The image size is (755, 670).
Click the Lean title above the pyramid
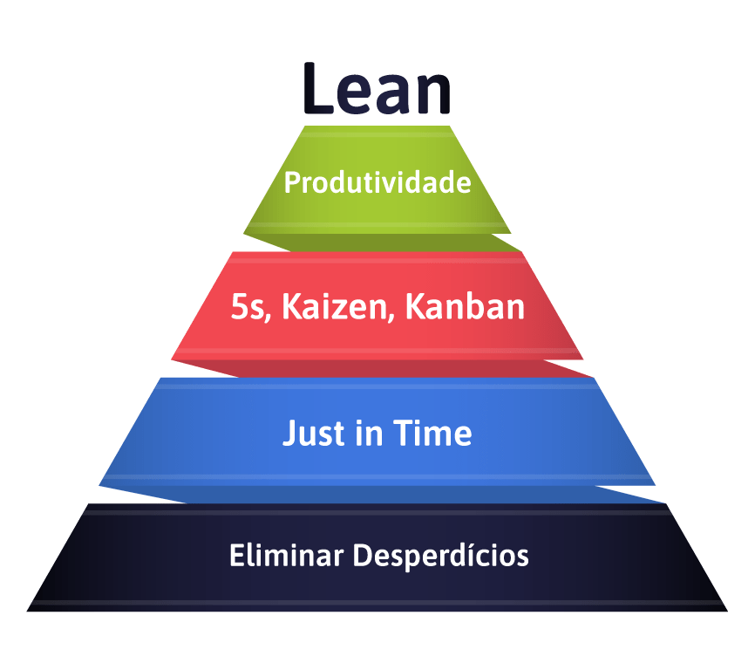coord(377,89)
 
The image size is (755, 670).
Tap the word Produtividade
coord(377,183)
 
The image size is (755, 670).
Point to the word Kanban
coord(465,308)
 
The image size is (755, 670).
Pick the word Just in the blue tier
coord(315,433)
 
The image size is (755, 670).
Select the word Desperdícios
coord(440,556)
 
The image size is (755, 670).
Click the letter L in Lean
coord(317,89)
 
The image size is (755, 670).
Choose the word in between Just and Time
coord(371,433)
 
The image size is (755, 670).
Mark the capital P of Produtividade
coord(292,183)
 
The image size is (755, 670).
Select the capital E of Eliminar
coord(235,555)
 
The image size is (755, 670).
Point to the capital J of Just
coord(290,433)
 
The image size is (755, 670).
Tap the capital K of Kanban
coord(415,308)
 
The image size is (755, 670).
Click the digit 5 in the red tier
coord(239,308)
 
